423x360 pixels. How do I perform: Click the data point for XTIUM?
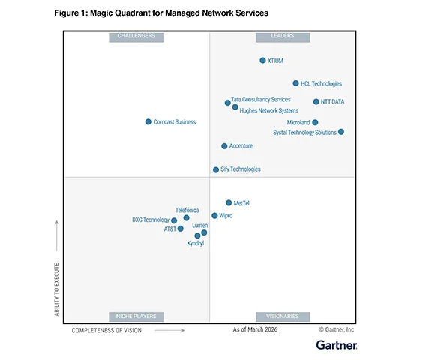262,61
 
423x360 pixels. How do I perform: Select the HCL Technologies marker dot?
295,83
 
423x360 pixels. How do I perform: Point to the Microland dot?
315,122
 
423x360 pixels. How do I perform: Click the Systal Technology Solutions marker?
341,132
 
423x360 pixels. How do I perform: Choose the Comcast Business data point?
148,121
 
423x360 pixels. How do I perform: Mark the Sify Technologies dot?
216,169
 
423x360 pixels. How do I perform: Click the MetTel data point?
229,202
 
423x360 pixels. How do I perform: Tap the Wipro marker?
214,215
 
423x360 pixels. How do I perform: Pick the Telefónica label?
187,210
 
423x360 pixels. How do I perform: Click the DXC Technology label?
151,220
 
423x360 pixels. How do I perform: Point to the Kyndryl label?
196,243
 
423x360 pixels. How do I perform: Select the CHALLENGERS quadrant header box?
136,37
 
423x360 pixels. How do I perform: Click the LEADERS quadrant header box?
282,37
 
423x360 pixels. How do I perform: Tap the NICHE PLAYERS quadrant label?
136,316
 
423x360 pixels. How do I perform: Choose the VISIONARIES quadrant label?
282,316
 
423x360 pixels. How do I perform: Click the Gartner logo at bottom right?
336,345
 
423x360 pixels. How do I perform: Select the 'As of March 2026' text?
255,329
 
